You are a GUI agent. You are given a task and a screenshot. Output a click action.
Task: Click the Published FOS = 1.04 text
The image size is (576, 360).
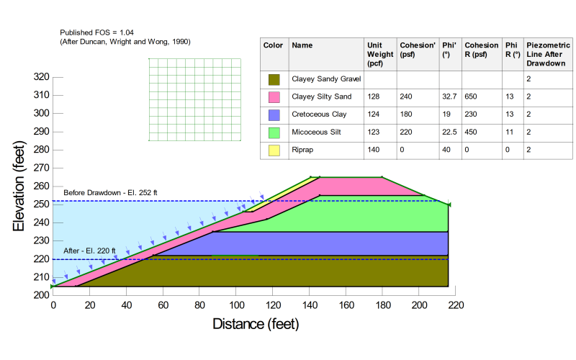pos(96,32)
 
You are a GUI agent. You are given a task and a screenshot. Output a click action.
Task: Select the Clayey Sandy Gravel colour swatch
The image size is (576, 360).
pos(274,78)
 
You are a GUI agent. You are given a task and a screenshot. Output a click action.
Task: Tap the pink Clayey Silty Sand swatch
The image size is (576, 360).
pos(274,96)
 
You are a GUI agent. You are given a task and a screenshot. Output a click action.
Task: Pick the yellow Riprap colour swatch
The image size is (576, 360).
pos(274,150)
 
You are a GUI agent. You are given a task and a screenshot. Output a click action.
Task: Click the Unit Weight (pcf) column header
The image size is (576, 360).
pos(379,53)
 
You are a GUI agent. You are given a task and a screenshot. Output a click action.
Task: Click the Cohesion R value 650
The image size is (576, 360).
pos(471,96)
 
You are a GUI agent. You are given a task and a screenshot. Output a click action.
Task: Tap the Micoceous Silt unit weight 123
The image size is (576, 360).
pos(373,132)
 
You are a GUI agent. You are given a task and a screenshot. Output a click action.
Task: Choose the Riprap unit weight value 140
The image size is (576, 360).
pos(373,150)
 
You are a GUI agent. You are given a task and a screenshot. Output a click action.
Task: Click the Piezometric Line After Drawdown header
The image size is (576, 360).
pos(548,53)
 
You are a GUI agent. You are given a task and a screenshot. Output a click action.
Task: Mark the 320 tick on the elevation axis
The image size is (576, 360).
pos(42,77)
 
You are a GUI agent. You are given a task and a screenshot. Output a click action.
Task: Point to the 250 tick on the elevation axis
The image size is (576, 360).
pos(42,204)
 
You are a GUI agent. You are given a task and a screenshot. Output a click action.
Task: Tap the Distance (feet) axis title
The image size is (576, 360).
pos(255,324)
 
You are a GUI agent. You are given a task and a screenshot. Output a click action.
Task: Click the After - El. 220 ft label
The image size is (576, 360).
pos(89,251)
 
